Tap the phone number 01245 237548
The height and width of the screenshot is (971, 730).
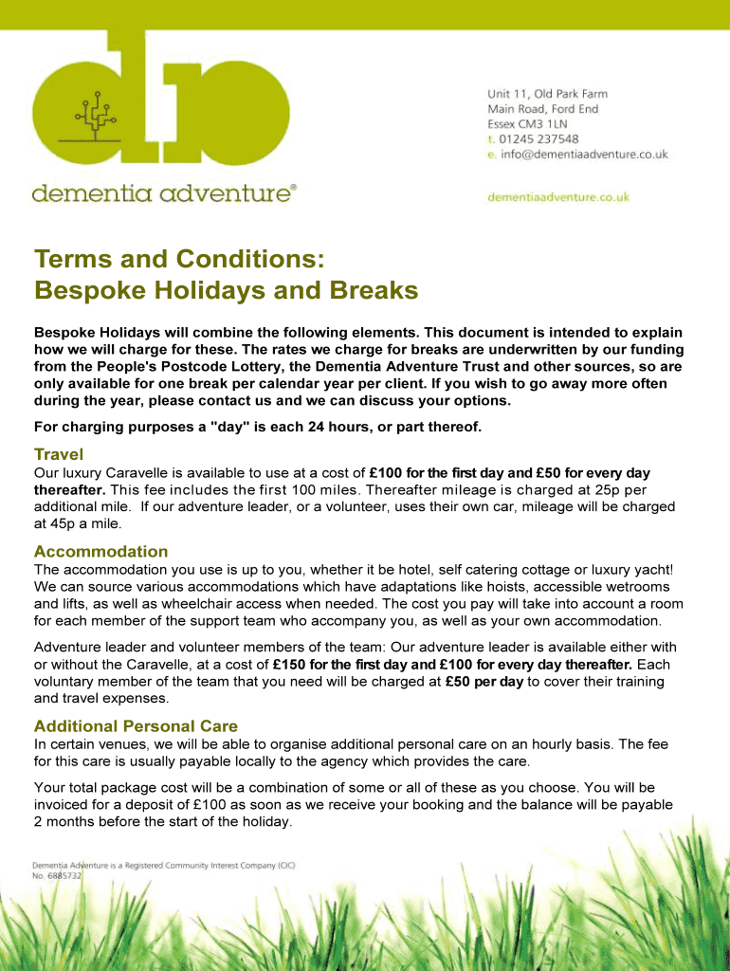[x=544, y=138]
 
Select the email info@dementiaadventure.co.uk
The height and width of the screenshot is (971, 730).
[x=583, y=154]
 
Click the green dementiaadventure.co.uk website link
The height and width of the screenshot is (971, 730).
[x=557, y=197]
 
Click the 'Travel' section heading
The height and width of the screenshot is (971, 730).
[x=59, y=454]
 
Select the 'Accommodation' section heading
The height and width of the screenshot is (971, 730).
[x=100, y=551]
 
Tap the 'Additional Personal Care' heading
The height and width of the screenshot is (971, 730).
[x=136, y=726]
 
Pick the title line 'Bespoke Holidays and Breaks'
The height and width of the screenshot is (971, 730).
[x=226, y=290]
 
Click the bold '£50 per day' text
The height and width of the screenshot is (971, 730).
[x=484, y=682]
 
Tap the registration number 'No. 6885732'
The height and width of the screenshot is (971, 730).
[x=58, y=877]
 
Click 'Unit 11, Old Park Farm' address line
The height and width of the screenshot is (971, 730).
[x=547, y=94]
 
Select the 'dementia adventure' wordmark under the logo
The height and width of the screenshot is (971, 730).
[x=163, y=194]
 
